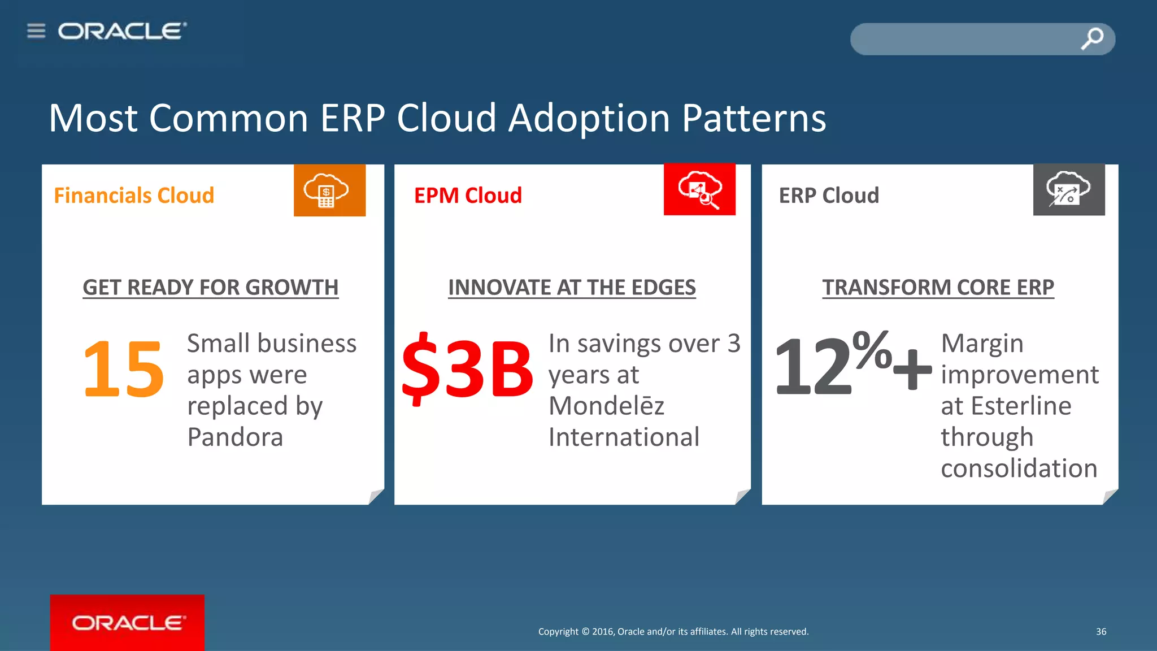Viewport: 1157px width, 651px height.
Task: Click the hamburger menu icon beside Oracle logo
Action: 36,31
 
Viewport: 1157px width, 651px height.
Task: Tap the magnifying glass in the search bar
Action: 1092,38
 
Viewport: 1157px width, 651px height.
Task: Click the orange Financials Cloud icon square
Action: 329,190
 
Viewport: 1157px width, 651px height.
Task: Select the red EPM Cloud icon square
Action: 699,190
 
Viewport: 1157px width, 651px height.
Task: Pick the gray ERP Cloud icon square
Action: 1068,190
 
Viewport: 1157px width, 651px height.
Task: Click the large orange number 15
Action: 123,368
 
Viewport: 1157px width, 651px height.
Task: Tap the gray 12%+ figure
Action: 852,365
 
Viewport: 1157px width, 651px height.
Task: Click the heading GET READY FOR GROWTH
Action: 210,287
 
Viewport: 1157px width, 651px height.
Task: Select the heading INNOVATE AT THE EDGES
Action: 572,287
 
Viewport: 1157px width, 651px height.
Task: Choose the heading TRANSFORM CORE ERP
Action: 938,287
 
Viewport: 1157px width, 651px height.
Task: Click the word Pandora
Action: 235,437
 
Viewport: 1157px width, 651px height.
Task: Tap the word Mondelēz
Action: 606,406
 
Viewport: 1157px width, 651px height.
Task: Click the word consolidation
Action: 1019,468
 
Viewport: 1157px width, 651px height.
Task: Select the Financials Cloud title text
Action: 134,196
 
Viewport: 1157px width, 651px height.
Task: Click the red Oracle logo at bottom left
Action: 127,622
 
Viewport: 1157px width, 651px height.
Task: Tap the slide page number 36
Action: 1101,631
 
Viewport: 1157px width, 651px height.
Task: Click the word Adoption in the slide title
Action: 589,119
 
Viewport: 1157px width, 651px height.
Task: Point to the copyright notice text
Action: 673,631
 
